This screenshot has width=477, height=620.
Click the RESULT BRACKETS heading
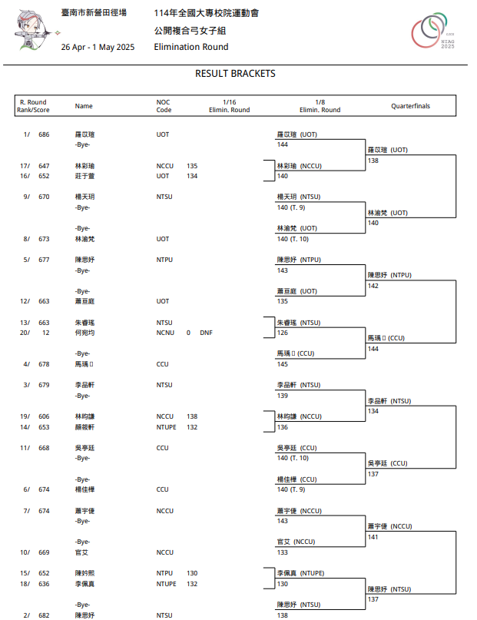click(x=235, y=74)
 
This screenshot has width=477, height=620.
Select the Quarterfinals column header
click(x=410, y=106)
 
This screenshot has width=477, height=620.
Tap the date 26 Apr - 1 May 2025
click(x=98, y=48)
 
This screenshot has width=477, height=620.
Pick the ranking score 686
click(x=44, y=134)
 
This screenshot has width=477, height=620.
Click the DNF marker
click(x=205, y=333)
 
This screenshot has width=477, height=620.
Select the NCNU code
click(x=165, y=333)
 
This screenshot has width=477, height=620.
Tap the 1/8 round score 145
click(x=283, y=364)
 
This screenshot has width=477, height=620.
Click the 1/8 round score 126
click(x=283, y=333)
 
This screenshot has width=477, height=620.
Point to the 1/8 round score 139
click(x=283, y=396)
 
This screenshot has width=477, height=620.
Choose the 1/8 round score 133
click(x=283, y=552)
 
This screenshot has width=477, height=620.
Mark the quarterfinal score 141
click(x=373, y=537)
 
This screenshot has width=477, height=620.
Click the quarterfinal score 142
click(x=373, y=286)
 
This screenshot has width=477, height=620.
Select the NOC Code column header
click(x=164, y=106)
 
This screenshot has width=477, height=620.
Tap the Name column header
click(x=84, y=106)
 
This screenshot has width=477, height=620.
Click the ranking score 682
click(x=44, y=615)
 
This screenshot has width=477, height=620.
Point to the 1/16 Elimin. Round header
click(x=229, y=106)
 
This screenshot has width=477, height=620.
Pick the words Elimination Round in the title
click(x=190, y=48)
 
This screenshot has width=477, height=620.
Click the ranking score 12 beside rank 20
click(x=45, y=333)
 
